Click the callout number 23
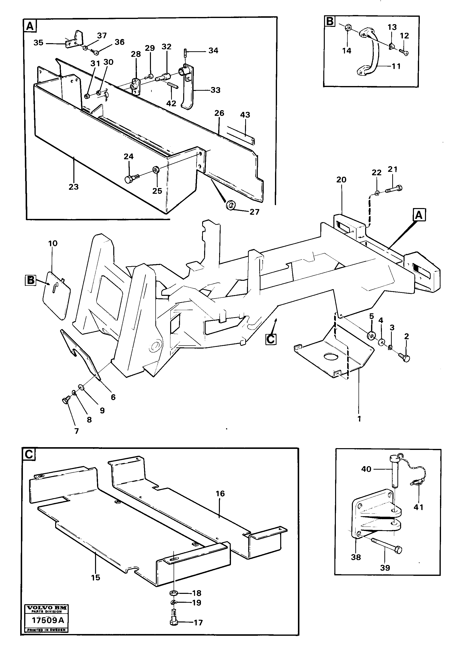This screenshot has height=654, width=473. (73, 187)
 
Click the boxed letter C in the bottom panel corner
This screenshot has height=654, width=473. (29, 455)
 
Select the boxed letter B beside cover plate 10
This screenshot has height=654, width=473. (30, 280)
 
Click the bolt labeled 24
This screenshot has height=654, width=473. (129, 179)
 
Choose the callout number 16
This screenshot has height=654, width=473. (220, 493)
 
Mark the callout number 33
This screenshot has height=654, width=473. (215, 90)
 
